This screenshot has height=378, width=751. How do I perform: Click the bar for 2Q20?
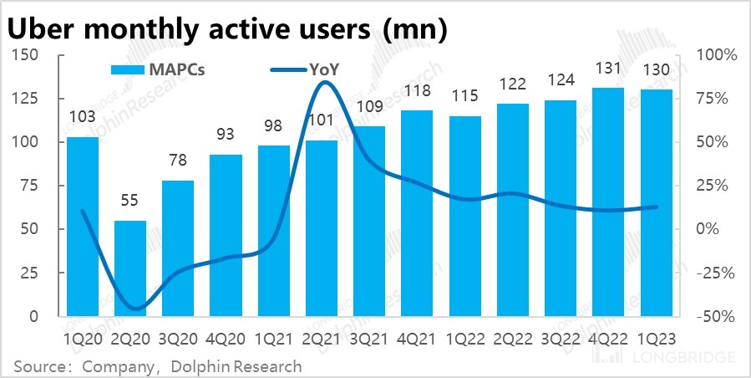coord(130,268)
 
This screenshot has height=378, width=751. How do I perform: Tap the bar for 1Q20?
coord(83,227)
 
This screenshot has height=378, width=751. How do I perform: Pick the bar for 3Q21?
coord(369,222)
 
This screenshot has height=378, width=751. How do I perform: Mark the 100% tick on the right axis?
coord(717,55)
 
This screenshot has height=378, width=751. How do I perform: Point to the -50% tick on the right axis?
coord(717,317)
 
